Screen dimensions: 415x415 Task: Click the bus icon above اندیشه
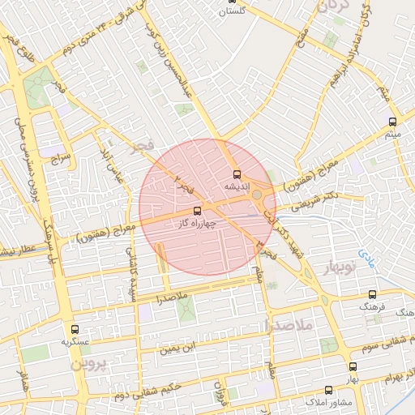tap(237, 174)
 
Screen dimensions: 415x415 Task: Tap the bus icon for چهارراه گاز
tap(199, 212)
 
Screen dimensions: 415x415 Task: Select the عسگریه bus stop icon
tap(75, 330)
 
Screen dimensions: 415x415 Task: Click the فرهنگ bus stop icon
tap(372, 295)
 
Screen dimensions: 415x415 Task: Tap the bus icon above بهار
tap(352, 366)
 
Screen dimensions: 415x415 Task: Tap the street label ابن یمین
tap(178, 348)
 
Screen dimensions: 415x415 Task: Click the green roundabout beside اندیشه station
tap(258, 195)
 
